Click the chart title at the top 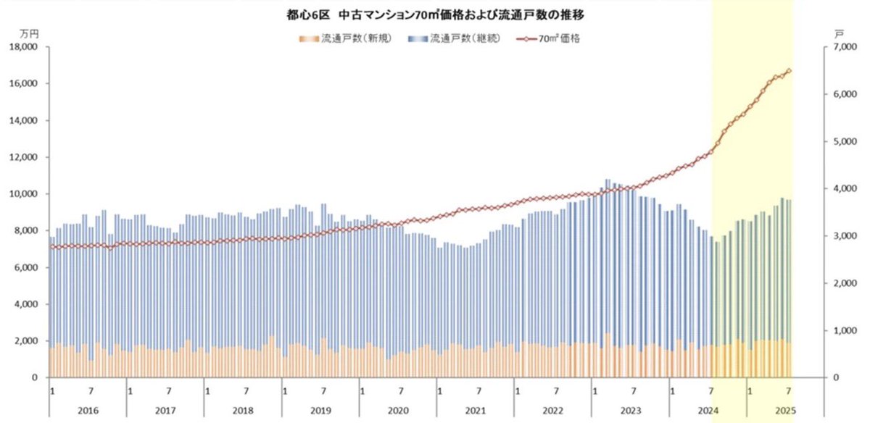point(435,14)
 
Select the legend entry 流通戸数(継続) point(464,38)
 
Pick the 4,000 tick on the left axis point(25,304)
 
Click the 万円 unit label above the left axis point(30,33)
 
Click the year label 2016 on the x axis point(87,410)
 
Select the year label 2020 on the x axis point(397,410)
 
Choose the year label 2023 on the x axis point(629,410)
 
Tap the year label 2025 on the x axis point(784,410)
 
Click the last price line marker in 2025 point(790,71)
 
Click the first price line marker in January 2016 point(51,247)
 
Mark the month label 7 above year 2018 point(246,390)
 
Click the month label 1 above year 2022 point(517,390)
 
